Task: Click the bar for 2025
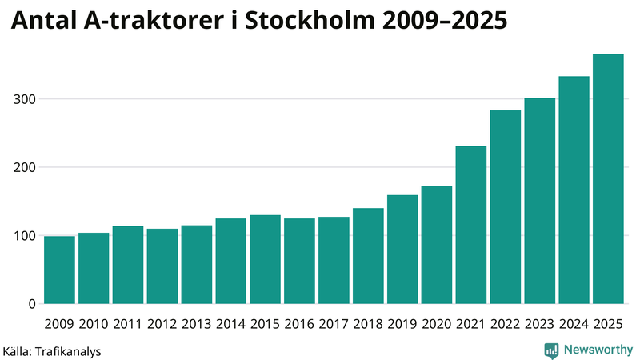click(x=608, y=179)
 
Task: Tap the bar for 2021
click(x=471, y=225)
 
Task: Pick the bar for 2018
click(x=368, y=256)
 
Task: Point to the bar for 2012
click(x=162, y=266)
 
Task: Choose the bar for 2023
click(x=539, y=201)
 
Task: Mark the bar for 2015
click(x=265, y=259)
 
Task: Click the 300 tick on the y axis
click(x=25, y=99)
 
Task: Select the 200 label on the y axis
click(x=25, y=167)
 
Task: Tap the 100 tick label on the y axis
click(x=25, y=236)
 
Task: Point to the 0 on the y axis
click(x=32, y=304)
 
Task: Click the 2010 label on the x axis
click(x=94, y=324)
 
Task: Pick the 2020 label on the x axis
click(x=437, y=324)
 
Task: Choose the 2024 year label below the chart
click(x=574, y=324)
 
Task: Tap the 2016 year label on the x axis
click(x=299, y=324)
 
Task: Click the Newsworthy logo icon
click(x=551, y=350)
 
